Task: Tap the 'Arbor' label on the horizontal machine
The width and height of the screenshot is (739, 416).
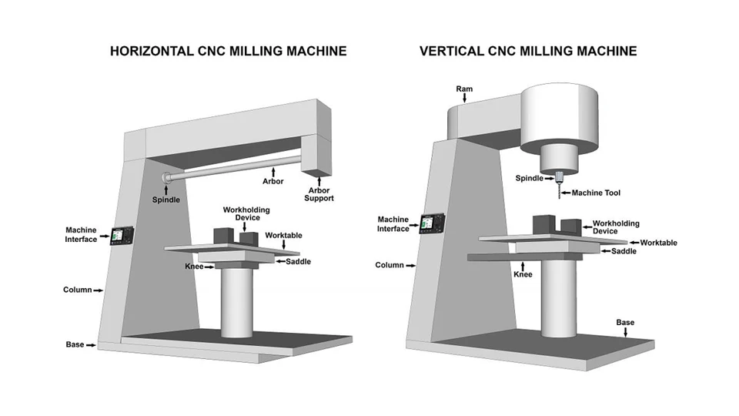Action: point(273,182)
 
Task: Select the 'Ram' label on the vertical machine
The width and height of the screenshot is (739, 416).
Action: point(463,89)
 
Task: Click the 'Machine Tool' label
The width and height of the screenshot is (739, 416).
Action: point(596,193)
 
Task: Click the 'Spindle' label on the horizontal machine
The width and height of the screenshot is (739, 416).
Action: point(166,200)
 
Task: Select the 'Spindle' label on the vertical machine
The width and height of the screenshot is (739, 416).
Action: point(530,178)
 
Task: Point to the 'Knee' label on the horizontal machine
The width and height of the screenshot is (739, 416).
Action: point(193,267)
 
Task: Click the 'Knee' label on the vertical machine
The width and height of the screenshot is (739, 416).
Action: point(523,273)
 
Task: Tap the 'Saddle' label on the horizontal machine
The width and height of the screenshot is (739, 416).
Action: point(299,262)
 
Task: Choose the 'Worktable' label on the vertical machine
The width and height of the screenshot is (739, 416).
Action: point(658,243)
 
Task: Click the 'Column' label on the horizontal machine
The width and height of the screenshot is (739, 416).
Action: point(77,290)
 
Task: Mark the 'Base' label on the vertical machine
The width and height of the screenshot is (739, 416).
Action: point(625,322)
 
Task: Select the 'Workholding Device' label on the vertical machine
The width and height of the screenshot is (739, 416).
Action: point(616,227)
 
